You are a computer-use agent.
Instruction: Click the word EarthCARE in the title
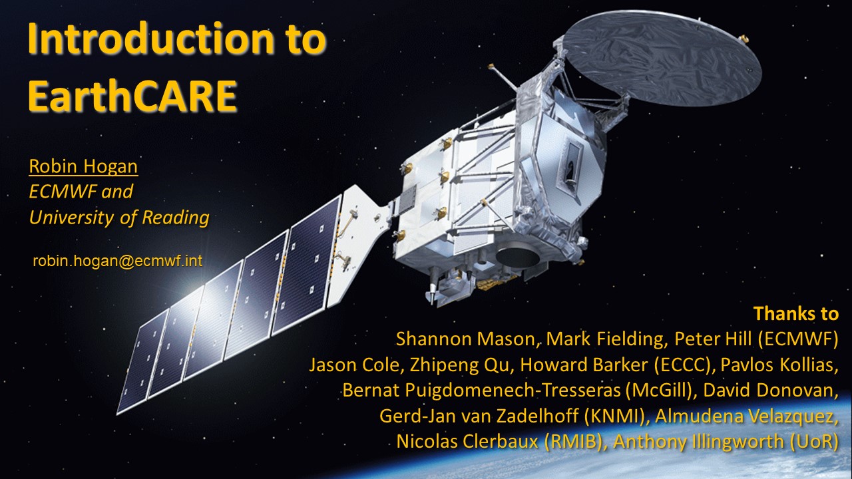(132, 95)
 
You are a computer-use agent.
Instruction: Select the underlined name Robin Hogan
(83, 166)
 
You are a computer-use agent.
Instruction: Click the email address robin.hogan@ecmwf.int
(118, 261)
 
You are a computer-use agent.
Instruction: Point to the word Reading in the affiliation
(176, 218)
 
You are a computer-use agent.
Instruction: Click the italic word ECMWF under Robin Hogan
(63, 191)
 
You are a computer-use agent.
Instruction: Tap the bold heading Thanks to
(796, 313)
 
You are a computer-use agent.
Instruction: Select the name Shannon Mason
(466, 339)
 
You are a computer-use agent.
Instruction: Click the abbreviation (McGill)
(659, 390)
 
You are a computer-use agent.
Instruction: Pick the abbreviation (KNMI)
(616, 416)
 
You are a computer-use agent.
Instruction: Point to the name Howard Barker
(584, 365)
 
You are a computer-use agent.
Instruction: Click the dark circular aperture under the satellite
(518, 257)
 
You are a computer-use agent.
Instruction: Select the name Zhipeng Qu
(459, 365)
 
